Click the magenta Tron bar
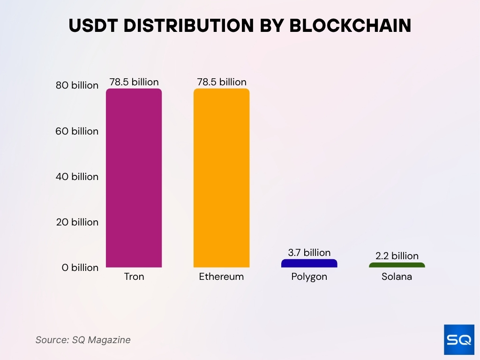pyautogui.click(x=134, y=178)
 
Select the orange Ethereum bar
pyautogui.click(x=221, y=178)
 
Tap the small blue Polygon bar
pyautogui.click(x=309, y=263)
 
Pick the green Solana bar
pyautogui.click(x=397, y=265)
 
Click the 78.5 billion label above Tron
pyautogui.click(x=134, y=82)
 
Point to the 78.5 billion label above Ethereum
pyautogui.click(x=222, y=82)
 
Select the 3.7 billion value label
pyautogui.click(x=309, y=253)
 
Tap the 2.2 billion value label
pyautogui.click(x=397, y=256)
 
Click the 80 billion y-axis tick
pyautogui.click(x=77, y=85)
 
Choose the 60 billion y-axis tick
pyautogui.click(x=77, y=131)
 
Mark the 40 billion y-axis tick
pyautogui.click(x=77, y=177)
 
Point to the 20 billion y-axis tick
pyautogui.click(x=77, y=222)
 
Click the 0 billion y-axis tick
pyautogui.click(x=80, y=268)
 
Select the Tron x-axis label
pyautogui.click(x=134, y=277)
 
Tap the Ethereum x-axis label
pyautogui.click(x=221, y=277)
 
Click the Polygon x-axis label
pyautogui.click(x=309, y=277)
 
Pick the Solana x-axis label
pyautogui.click(x=397, y=277)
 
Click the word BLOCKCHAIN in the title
pyautogui.click(x=350, y=26)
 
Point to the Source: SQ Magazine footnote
pyautogui.click(x=83, y=340)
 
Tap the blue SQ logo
pyautogui.click(x=459, y=340)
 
